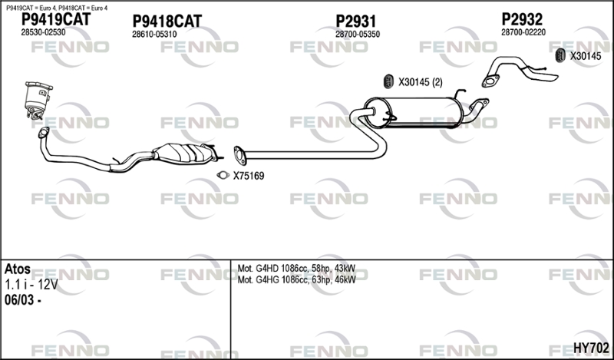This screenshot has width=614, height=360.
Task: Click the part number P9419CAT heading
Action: pos(55,18)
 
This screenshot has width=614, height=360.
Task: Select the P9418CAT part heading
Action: pos(167,21)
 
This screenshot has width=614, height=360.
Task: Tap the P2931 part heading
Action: pos(355,21)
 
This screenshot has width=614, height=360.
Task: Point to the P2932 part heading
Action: pos(522,19)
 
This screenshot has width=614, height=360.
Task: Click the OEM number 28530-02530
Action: pos(43,32)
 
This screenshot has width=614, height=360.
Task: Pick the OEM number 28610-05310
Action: pos(154,35)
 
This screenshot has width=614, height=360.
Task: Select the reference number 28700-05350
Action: pos(358,35)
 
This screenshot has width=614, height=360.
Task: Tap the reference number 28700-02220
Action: pos(523,32)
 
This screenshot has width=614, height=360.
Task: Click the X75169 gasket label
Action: pos(249,176)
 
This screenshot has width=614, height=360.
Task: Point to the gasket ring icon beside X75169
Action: pos(223,176)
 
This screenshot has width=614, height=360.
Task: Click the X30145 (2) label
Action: pos(420,82)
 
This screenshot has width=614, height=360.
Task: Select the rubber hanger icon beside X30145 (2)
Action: pos(388,81)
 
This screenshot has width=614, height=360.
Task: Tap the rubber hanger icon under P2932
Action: pos(560,55)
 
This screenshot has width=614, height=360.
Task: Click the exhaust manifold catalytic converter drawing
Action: pos(38,100)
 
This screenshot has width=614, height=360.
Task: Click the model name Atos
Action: pos(18,269)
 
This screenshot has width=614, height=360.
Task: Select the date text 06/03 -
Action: pos(23,300)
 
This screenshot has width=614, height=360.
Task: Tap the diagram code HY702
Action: pos(591,348)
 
